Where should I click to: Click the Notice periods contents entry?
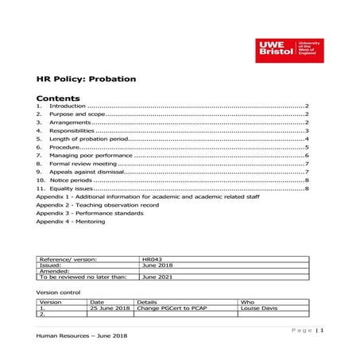[x=71, y=180]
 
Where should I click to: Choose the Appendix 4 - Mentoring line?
[x=71, y=221]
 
